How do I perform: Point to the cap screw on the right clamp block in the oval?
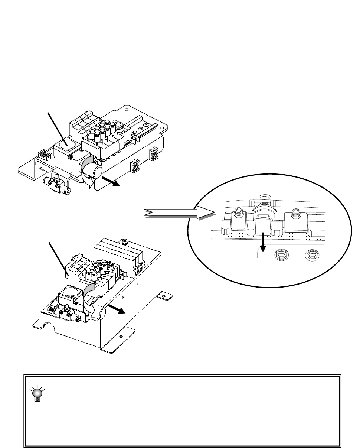[x=296, y=213]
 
